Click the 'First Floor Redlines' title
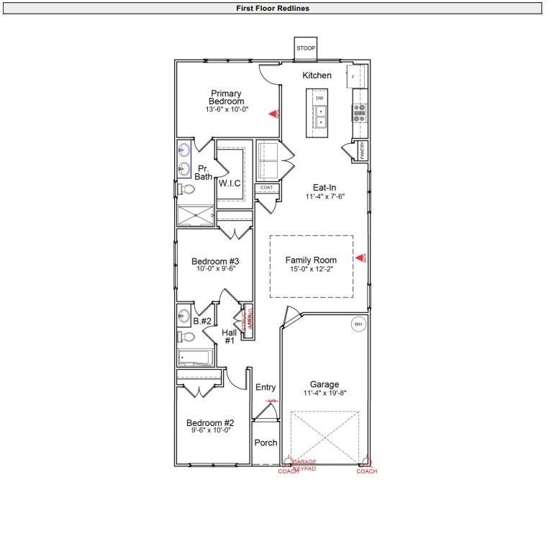coord(273,9)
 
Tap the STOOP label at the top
coord(306,48)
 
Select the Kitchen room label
coord(317,76)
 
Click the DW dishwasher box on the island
coord(319,97)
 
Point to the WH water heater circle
coord(358,325)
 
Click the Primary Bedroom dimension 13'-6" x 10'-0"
coord(227,109)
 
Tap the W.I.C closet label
coord(230,183)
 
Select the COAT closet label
coord(266,187)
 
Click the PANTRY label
coord(363,152)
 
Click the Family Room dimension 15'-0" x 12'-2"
coord(312,269)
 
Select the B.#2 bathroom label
coord(202,321)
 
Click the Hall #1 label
coord(230,336)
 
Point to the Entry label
coord(266,388)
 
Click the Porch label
coord(266,443)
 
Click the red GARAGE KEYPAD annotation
coord(304,464)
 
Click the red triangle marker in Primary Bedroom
coord(273,114)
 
